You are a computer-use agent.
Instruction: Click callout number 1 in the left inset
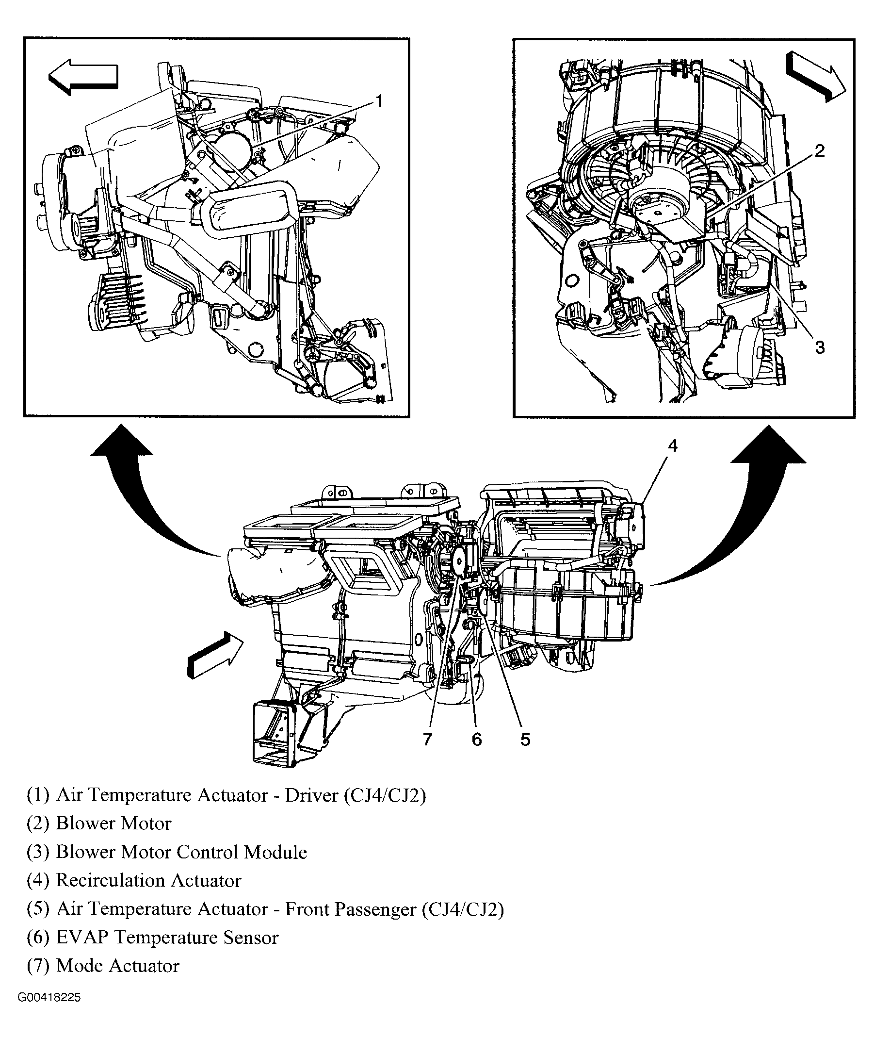click(378, 102)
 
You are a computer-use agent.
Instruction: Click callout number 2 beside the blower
click(820, 151)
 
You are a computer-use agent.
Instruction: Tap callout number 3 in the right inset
click(820, 348)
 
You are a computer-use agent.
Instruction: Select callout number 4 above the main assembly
click(672, 446)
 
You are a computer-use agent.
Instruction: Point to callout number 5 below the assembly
click(525, 740)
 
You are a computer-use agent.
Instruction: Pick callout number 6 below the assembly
click(477, 740)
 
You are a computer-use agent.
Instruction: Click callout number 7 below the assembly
click(428, 740)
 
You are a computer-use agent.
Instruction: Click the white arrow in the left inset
click(83, 77)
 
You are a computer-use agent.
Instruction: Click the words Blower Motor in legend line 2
click(113, 824)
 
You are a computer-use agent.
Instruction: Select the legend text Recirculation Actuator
click(148, 880)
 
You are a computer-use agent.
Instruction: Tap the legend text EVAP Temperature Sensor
click(167, 938)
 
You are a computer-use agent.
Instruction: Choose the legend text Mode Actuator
click(117, 966)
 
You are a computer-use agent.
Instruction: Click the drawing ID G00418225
click(49, 997)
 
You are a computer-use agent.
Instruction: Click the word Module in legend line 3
click(275, 852)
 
